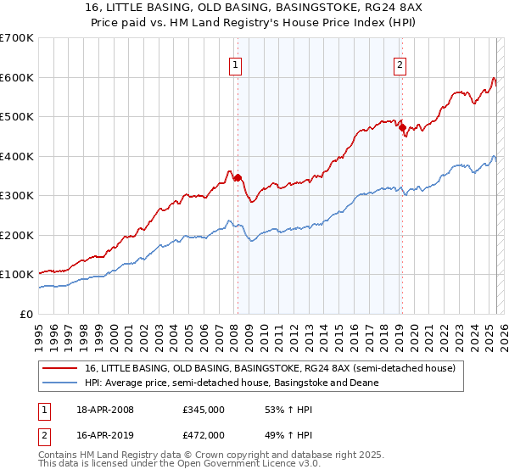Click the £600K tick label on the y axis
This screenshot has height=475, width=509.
17,77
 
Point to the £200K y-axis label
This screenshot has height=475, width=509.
17,235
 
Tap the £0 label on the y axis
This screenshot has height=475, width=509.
26,314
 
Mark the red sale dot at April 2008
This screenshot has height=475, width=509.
238,178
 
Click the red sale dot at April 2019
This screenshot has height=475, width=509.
402,128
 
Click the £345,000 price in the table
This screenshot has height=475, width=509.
204,410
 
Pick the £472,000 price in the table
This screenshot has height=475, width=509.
204,434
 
